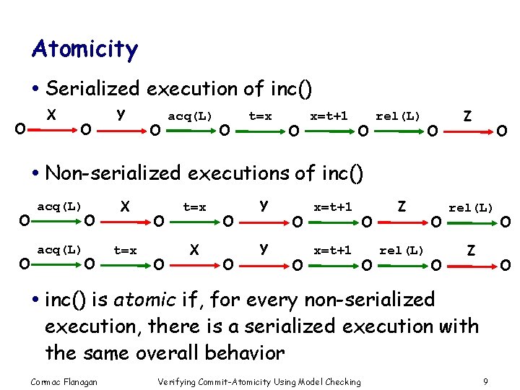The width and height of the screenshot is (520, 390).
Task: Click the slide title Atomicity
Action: tap(84, 50)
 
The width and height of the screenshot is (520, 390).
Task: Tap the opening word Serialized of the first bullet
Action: tap(92, 89)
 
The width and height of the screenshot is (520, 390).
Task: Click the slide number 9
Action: tap(486, 381)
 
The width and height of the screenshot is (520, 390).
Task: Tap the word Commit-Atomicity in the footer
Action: tap(224, 381)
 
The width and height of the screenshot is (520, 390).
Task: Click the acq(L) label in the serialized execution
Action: tap(190, 116)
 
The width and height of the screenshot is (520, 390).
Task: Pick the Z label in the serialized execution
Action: tap(467, 116)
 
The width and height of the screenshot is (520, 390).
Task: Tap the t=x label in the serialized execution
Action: tap(260, 116)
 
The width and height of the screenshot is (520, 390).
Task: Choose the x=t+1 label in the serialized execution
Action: tap(329, 116)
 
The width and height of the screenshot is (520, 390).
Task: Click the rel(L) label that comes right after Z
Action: tap(471, 208)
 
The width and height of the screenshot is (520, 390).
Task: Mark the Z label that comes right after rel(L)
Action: tap(471, 250)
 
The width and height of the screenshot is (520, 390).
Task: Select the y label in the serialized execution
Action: tap(121, 114)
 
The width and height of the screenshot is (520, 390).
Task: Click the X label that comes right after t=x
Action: tap(194, 249)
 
